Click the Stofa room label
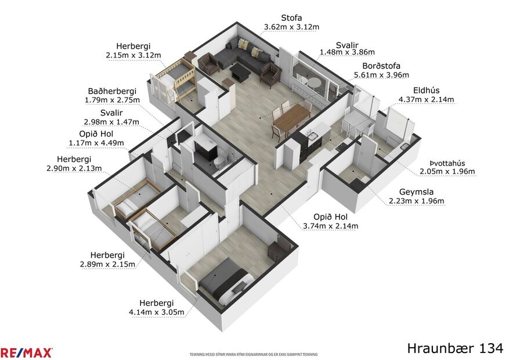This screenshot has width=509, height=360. (291, 18)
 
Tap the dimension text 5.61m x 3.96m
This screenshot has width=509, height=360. (381, 75)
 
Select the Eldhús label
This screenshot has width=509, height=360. (426, 90)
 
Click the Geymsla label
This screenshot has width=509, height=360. (416, 192)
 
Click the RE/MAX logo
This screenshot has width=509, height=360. (26, 352)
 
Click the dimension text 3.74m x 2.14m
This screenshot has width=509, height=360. (330, 226)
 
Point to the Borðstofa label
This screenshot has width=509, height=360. (381, 66)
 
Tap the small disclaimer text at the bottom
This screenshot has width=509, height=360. (254, 354)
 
